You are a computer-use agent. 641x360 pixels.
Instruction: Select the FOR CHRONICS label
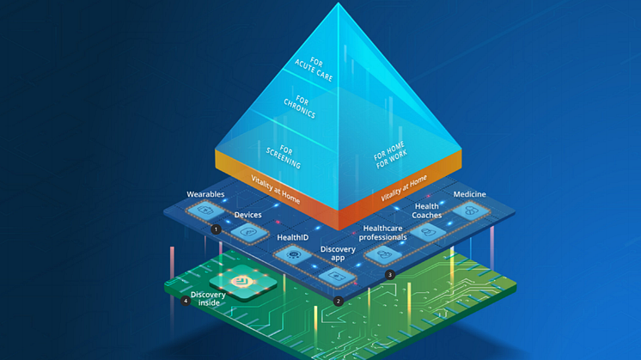(299, 107)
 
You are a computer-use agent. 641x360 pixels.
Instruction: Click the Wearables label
(205, 195)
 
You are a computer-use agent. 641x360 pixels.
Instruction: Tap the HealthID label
(293, 236)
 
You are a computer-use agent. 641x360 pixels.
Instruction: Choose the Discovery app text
(338, 254)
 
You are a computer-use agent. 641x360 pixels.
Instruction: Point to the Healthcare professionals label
(382, 232)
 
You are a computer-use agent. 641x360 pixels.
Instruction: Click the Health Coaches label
(427, 211)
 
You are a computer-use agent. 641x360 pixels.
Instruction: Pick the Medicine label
(469, 194)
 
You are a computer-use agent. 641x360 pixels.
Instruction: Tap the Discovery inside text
(209, 298)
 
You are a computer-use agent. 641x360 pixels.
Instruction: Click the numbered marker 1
(216, 229)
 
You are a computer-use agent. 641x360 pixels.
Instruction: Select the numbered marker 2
(339, 301)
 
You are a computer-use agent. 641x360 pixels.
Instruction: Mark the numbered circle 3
(390, 275)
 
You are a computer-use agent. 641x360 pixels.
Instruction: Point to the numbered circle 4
(186, 301)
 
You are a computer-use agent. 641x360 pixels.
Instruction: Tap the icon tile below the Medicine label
(469, 211)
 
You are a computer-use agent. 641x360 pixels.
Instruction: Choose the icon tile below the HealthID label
(294, 254)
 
